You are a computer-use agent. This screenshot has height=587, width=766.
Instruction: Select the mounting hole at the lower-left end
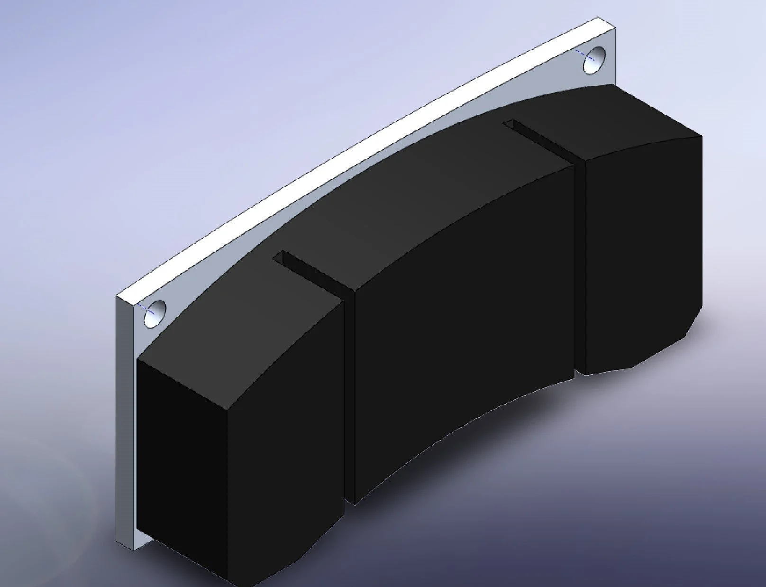155,313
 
